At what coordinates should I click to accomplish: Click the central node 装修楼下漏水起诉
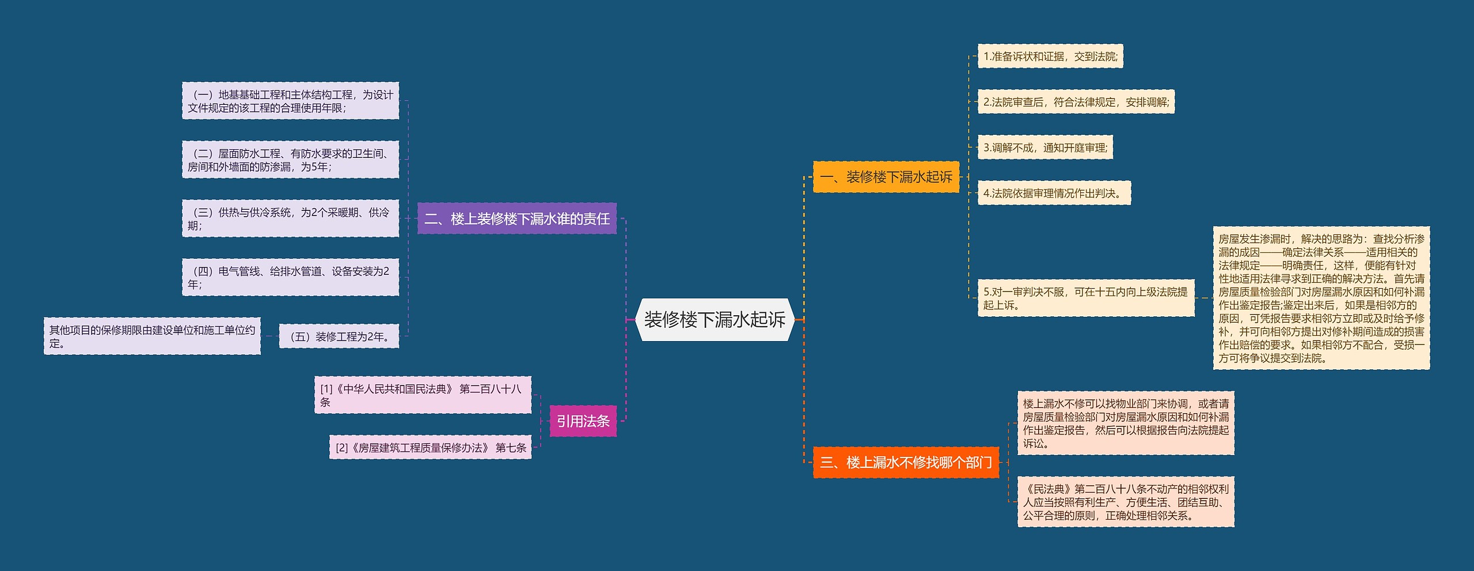click(x=714, y=320)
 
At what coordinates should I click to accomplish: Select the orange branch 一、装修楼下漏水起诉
click(x=886, y=177)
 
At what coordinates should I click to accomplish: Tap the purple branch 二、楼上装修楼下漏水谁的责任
click(x=516, y=219)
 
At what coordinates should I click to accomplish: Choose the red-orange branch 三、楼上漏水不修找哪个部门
click(x=906, y=462)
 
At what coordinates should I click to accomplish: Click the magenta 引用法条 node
click(x=583, y=421)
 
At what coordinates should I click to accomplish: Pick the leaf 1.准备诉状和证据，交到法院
click(x=1050, y=56)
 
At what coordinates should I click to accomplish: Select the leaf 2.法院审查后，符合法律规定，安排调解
click(x=1076, y=102)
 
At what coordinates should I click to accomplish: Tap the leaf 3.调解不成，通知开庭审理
click(x=1045, y=148)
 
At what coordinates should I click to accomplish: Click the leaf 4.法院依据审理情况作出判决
click(x=1054, y=193)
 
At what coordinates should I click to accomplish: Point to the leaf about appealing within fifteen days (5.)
click(x=1085, y=298)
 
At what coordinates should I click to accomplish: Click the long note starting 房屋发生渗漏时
click(x=1321, y=298)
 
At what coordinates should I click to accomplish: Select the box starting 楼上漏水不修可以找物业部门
click(x=1125, y=423)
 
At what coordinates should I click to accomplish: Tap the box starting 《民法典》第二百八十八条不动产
click(x=1125, y=502)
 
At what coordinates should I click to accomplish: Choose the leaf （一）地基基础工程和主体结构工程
click(x=290, y=101)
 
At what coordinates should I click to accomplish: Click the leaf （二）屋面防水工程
click(x=290, y=160)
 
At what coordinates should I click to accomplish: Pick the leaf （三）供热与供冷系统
click(x=290, y=218)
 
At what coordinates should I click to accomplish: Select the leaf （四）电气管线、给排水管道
click(x=290, y=277)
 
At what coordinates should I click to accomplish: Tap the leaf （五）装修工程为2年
click(x=339, y=336)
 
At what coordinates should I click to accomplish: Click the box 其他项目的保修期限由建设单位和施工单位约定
click(x=152, y=336)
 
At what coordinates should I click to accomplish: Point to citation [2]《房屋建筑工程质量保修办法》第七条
click(x=430, y=448)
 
